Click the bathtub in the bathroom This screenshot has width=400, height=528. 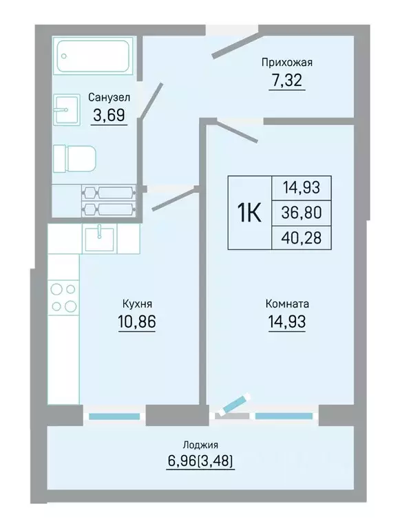tap(94, 56)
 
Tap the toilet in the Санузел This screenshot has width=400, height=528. tap(75, 158)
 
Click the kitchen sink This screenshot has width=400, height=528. tap(99, 239)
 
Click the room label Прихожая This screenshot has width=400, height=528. tap(287, 62)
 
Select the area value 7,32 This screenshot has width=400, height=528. tap(287, 80)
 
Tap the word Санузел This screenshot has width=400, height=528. tap(109, 97)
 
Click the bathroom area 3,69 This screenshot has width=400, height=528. tap(109, 115)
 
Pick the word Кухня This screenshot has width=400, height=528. tap(137, 304)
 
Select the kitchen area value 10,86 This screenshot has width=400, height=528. tap(137, 321)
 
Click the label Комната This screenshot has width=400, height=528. tap(287, 304)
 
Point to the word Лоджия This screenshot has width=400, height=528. tap(200, 445)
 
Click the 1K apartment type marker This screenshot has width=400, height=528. tap(249, 213)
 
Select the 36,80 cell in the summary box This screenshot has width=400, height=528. tap(302, 213)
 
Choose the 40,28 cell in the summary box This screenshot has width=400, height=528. tap(302, 237)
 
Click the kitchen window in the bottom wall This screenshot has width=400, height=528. tap(114, 416)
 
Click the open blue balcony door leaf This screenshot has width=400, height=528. tap(235, 403)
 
